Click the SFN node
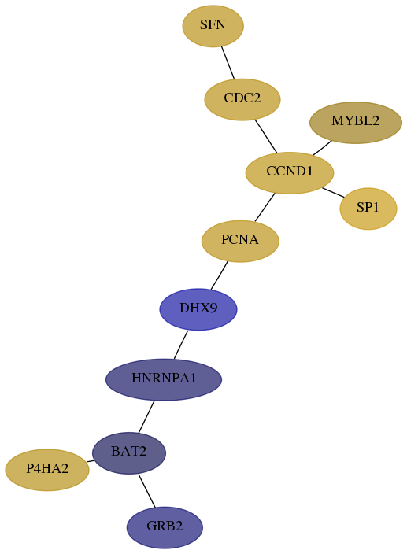pos(213,26)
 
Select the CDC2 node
pos(242,99)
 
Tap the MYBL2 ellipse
pos(355,123)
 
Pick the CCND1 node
pos(290,173)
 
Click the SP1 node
pos(368,209)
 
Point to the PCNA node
pos(240,241)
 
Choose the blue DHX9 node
pos(198,309)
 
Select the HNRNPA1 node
pos(164,379)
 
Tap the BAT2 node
pos(129,452)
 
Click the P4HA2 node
pos(47,470)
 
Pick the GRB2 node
pos(165,527)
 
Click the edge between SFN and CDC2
pos(228,62)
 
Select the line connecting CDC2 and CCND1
pos(266,136)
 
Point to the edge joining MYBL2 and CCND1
pos(322,148)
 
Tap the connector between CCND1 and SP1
pos(333,192)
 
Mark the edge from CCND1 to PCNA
pos(265,207)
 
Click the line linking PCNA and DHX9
pos(219,275)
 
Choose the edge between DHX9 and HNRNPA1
pos(181,345)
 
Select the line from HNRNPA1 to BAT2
pos(146,416)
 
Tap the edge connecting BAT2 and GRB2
pos(147,491)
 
